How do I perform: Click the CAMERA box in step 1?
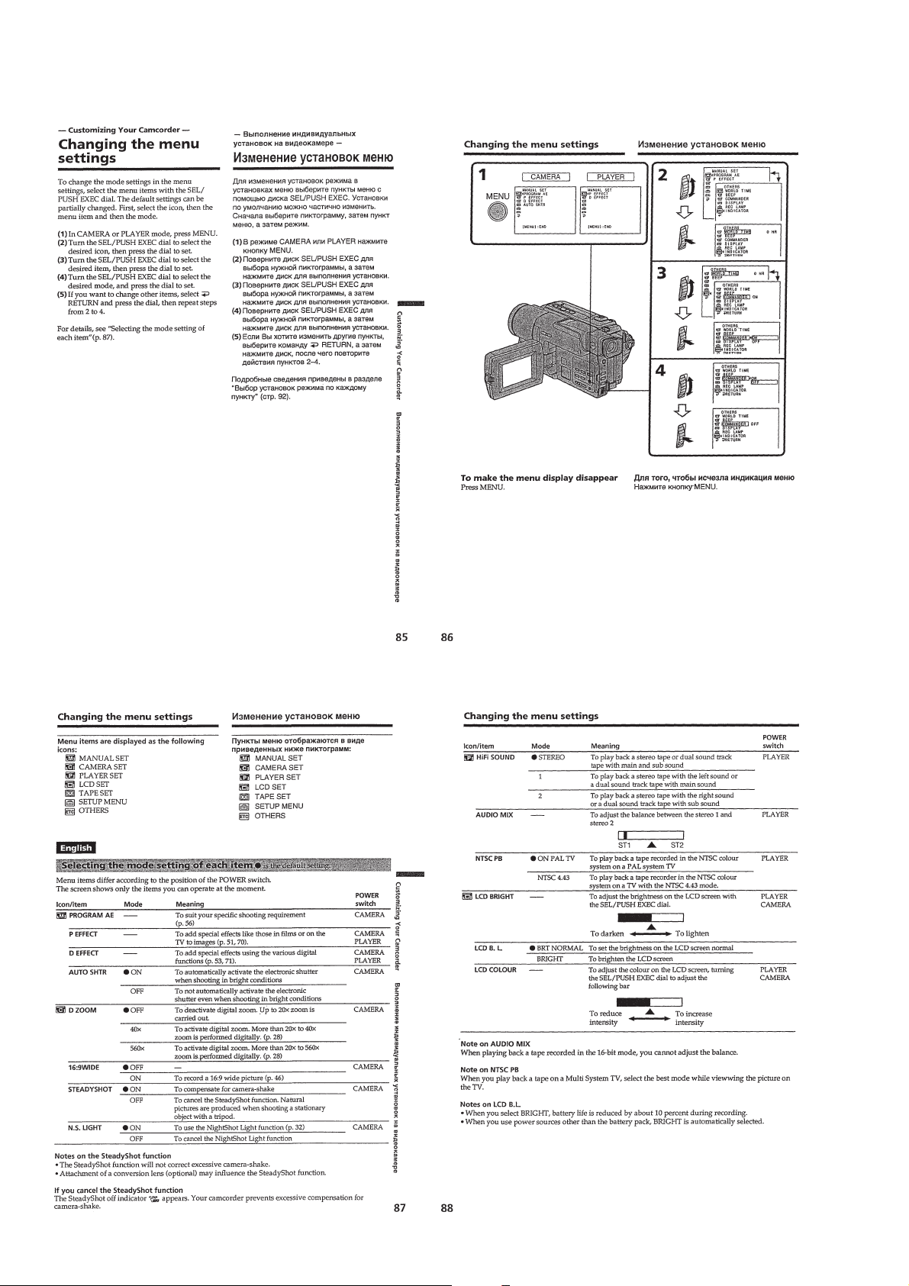click(541, 177)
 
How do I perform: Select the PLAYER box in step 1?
click(611, 177)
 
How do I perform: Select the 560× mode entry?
click(137, 1048)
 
